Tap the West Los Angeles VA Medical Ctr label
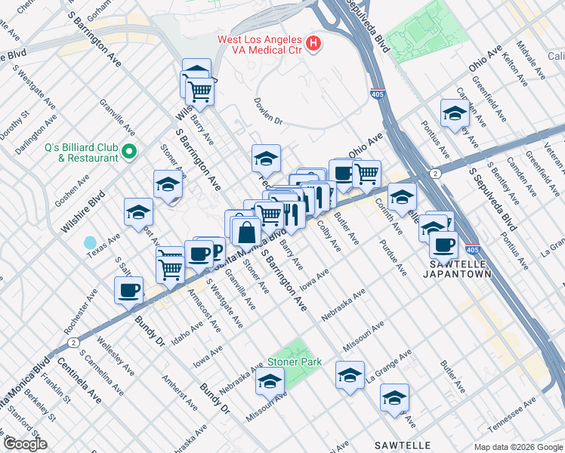[259, 45]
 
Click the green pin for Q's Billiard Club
[130, 153]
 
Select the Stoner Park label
[295, 362]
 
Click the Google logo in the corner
[25, 444]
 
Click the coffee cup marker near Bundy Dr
[128, 291]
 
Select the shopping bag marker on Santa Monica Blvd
[246, 232]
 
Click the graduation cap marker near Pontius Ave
[455, 114]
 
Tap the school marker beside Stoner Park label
[270, 384]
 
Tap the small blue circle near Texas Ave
[91, 243]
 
